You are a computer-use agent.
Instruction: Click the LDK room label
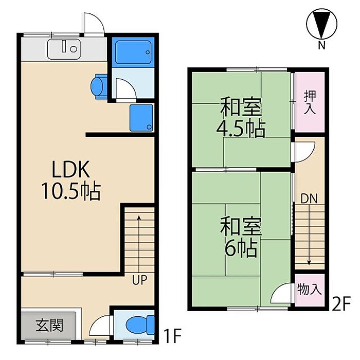pyautogui.click(x=71, y=169)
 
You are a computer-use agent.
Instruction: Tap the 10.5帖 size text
pyautogui.click(x=71, y=191)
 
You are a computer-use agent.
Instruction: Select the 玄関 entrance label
pyautogui.click(x=49, y=325)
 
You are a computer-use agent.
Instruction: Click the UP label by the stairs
pyautogui.click(x=139, y=280)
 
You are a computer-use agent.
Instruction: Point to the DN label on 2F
pyautogui.click(x=309, y=199)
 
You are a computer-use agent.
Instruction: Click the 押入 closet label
pyautogui.click(x=310, y=102)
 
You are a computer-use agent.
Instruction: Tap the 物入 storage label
pyautogui.click(x=309, y=289)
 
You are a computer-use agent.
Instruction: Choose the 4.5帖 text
pyautogui.click(x=241, y=129)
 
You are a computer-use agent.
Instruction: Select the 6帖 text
pyautogui.click(x=241, y=248)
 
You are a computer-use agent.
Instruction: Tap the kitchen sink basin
pyautogui.click(x=64, y=49)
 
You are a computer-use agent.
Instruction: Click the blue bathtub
pyautogui.click(x=133, y=52)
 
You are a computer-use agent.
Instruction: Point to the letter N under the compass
pyautogui.click(x=321, y=45)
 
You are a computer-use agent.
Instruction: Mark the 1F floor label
pyautogui.click(x=172, y=336)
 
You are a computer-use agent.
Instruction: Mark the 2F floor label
pyautogui.click(x=341, y=303)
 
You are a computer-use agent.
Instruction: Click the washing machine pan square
pyautogui.click(x=141, y=118)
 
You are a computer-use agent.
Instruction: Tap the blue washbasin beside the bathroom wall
pyautogui.click(x=99, y=86)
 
